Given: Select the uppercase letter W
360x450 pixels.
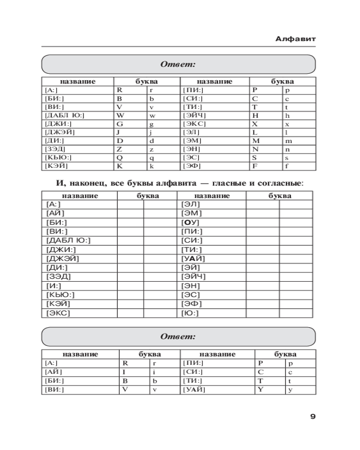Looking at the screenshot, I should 120,115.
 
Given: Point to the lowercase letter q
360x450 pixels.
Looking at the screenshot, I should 152,158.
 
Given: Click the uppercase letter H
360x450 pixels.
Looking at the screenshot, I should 255,115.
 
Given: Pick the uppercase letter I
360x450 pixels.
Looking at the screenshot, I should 123,372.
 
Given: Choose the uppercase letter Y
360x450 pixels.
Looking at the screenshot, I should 260,390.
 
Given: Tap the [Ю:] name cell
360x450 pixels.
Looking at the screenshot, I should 190,313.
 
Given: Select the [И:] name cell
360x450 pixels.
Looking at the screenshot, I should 54,286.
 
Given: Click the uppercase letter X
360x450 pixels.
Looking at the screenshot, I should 255,124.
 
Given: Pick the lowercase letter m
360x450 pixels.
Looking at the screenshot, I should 288,141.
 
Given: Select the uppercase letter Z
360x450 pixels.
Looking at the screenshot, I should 119,149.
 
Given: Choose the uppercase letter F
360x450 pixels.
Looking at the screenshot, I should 254,166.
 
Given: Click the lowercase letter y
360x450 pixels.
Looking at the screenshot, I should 290,390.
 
